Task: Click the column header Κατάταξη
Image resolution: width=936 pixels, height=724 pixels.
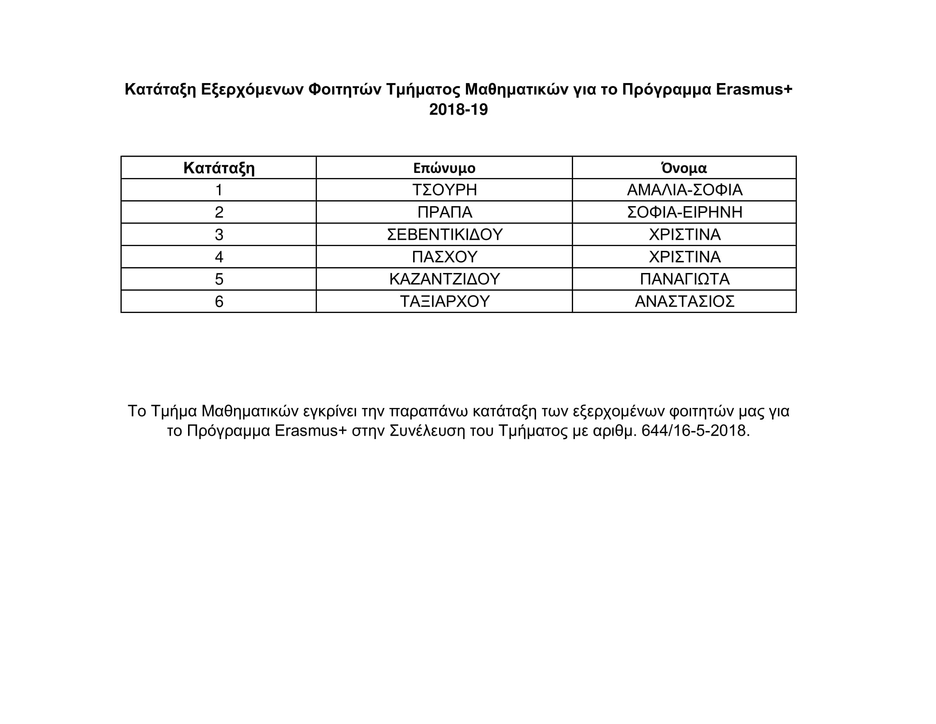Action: (219, 168)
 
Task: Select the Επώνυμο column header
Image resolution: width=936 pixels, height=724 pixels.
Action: (444, 168)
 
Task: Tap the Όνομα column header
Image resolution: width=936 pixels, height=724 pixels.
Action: (684, 168)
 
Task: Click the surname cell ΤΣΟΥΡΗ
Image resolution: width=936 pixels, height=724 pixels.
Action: (445, 190)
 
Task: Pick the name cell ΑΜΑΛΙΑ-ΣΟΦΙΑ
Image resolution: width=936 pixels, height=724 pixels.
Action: (685, 190)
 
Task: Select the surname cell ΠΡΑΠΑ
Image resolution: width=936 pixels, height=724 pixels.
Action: (445, 213)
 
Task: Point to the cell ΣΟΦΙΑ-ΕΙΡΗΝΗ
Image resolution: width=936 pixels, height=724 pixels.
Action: (685, 213)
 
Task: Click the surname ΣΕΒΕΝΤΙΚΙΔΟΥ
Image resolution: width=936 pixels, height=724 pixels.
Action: (445, 235)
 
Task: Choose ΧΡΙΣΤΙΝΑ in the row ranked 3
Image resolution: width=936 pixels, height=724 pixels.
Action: (685, 235)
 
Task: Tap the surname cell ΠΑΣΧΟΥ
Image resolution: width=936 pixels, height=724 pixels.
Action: (445, 257)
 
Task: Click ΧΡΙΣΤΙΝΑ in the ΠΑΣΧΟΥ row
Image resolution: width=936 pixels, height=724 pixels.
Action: (685, 257)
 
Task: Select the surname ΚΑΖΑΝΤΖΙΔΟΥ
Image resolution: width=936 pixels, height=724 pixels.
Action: (445, 279)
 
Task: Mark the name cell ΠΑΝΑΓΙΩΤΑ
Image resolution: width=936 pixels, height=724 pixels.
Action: (685, 279)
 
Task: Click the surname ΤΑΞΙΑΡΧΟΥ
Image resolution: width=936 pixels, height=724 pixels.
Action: (445, 302)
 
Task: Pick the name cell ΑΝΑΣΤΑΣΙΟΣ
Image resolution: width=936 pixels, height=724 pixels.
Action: (685, 302)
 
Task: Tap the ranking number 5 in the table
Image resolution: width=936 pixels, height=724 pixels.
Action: (219, 279)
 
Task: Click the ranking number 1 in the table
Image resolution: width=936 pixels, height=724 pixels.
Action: (219, 190)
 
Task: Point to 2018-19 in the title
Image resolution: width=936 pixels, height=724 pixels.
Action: (458, 110)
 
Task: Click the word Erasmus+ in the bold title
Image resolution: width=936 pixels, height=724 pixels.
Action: (754, 89)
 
